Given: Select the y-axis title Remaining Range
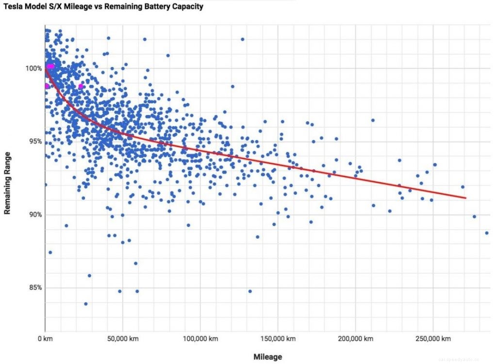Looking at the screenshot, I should [7, 182].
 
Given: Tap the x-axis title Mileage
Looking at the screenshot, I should [267, 357].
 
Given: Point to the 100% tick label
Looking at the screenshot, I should [33, 68].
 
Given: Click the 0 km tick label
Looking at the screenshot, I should [45, 338].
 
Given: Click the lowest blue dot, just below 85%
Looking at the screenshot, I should [86, 304].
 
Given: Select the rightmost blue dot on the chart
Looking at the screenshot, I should [486, 233].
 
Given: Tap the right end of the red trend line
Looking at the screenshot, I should [465, 198].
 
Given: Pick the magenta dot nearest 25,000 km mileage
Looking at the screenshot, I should [81, 86].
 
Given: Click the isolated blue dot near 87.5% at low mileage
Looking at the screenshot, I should [50, 252].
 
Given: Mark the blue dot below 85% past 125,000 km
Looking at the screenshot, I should [250, 291].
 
